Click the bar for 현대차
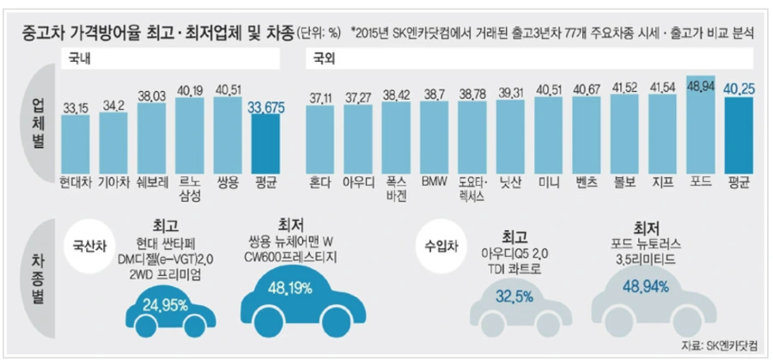(x=76, y=143)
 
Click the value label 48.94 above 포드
(x=702, y=88)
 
